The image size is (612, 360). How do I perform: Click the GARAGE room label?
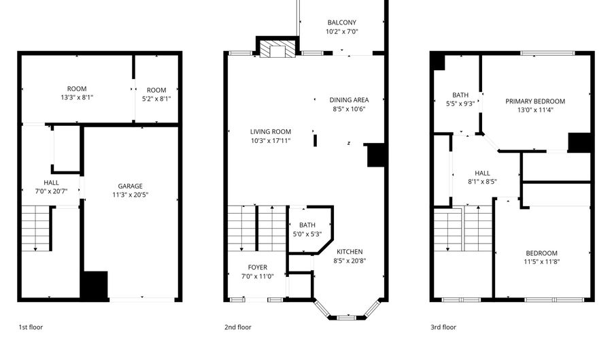pos(130,186)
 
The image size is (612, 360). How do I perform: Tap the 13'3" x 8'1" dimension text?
pos(76,98)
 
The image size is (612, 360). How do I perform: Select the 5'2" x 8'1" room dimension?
pos(156,98)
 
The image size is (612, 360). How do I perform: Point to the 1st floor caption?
pos(31,327)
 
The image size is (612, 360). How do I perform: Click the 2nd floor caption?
pos(238,327)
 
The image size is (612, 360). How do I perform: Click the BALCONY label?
pos(341,22)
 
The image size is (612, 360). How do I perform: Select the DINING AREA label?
pos(349,100)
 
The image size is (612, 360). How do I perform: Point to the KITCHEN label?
pos(349,251)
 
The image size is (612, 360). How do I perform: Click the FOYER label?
pos(257,267)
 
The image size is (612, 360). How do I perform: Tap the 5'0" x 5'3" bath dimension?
pos(307,235)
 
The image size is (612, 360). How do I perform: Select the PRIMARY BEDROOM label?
pos(535,101)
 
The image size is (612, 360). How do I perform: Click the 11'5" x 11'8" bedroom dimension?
pos(541,262)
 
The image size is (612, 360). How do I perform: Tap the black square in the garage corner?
pos(95,284)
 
